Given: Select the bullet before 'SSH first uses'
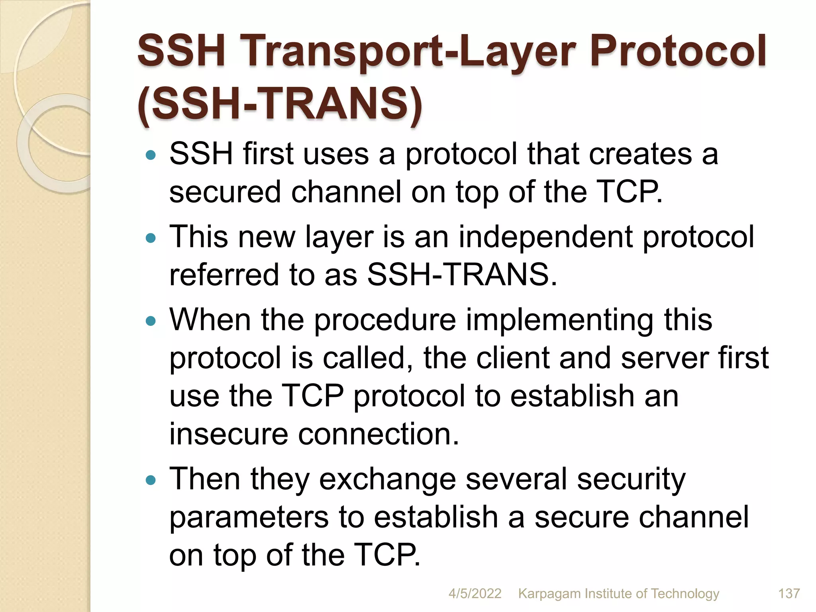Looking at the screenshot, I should coord(151,155).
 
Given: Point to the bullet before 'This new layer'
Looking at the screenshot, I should coord(151,239).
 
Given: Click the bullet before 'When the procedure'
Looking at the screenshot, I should coord(151,321).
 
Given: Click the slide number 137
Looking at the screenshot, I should coord(789,594).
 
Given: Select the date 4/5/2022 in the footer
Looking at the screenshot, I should coord(475,594).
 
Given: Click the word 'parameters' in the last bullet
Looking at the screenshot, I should coord(249,517).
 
